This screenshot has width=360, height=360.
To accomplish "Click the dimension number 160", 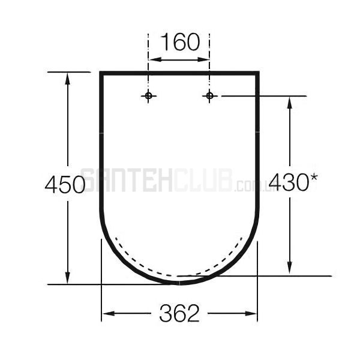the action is coord(180,42).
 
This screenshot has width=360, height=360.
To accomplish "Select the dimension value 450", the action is coord(65,184).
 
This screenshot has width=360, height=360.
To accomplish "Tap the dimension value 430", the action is coord(288,182).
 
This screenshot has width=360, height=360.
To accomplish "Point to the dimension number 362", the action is coord(179,313).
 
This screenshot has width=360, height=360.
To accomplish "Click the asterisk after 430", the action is coord(313,177).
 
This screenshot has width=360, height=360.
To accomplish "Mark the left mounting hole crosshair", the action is coord(149,95).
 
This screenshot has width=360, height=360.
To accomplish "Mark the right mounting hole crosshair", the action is coord(209,95).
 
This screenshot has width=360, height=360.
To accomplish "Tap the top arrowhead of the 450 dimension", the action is coord(67,79).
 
